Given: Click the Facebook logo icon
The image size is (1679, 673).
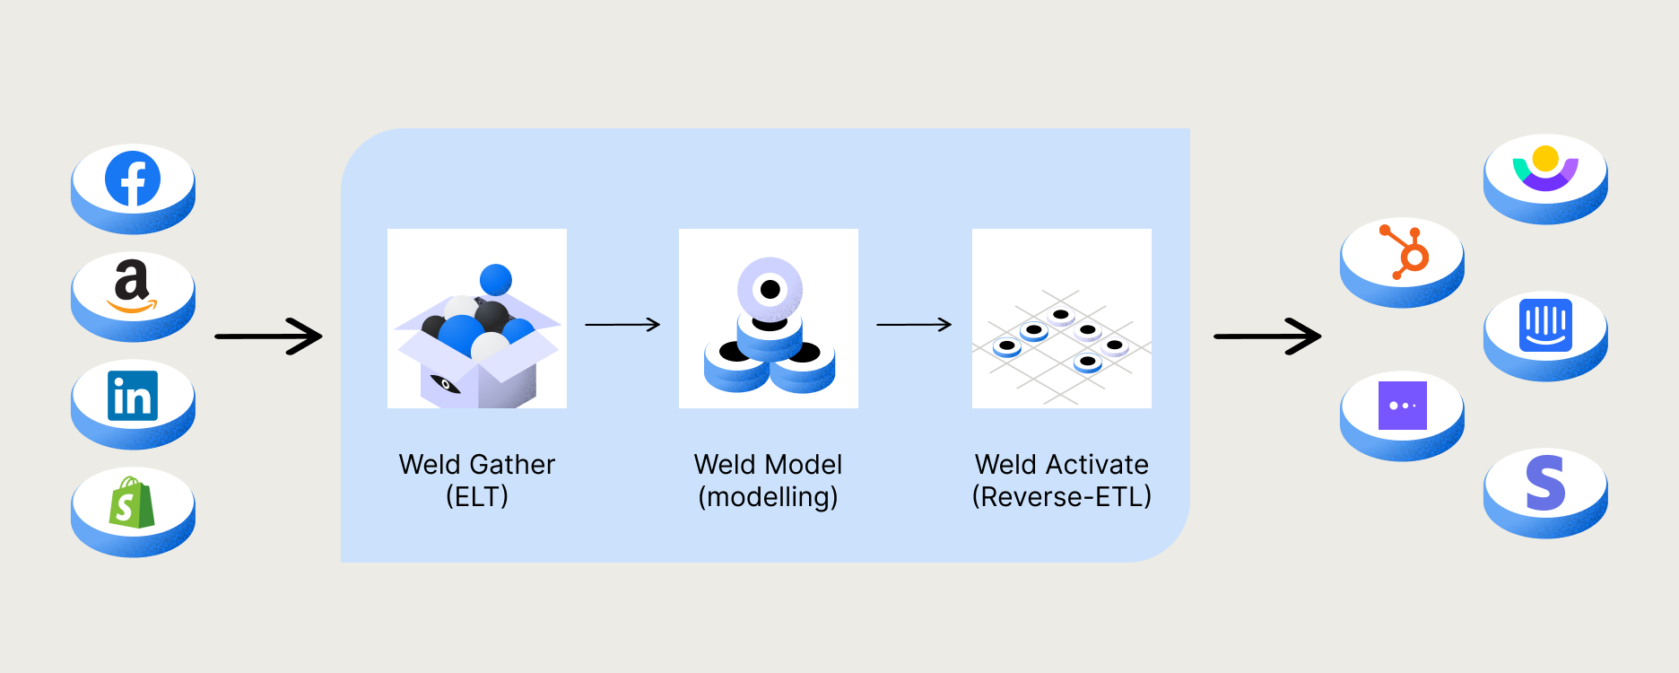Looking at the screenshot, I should pos(133,179).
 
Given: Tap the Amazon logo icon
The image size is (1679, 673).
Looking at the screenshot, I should pos(132,286).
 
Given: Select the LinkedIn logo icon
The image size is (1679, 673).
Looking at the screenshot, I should pos(133,396).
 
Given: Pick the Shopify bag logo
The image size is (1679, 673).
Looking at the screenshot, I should pos(132,503).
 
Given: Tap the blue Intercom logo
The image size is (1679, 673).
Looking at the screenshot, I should pos(1545,325).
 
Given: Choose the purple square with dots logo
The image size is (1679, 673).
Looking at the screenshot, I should pos(1402,405).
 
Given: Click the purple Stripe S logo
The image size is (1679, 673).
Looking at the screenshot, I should pos(1545,483).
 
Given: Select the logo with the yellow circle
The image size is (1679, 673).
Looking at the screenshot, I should pos(1545,167).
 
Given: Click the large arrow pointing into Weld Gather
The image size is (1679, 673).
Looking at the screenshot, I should pos(269,336).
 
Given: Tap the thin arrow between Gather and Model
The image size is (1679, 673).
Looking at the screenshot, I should pos(622,324).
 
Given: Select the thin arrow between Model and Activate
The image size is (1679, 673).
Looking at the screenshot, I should pos(914,324).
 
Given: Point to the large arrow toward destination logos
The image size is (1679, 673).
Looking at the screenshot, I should pos(1267,336).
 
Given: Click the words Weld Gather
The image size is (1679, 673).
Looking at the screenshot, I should pos(477,464).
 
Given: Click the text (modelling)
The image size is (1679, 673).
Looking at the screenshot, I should pos(768,496).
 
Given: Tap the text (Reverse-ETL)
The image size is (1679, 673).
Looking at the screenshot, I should pos(1061,496).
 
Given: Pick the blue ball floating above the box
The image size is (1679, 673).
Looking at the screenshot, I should pos(495,280).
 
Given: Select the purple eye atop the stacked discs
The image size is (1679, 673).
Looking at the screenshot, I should pos(770,290).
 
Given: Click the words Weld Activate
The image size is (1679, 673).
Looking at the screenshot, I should pos(1061,464).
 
